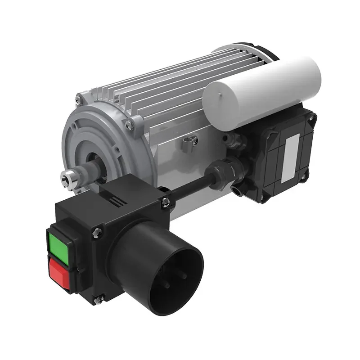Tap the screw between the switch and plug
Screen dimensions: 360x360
pyautogui.click(x=97, y=233)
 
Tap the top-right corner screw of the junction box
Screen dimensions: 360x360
pyautogui.click(x=310, y=117)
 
